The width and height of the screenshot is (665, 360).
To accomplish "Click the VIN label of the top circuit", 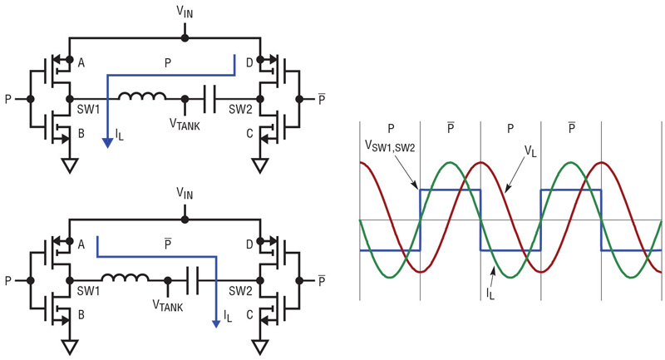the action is click(x=185, y=12).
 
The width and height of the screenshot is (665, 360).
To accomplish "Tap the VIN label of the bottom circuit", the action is click(x=185, y=194).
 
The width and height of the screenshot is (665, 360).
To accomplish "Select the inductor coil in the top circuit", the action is click(x=141, y=96).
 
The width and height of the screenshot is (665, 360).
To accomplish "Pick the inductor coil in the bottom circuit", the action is click(x=125, y=278).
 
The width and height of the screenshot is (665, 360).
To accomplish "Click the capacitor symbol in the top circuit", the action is click(x=209, y=99).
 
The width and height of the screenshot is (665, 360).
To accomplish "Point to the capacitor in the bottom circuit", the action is click(x=193, y=281).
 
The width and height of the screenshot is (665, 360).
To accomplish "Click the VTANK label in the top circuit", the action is click(x=185, y=124).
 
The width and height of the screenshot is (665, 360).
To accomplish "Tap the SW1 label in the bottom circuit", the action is click(x=88, y=291).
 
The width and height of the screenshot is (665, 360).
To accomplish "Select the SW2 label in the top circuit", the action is click(x=240, y=110).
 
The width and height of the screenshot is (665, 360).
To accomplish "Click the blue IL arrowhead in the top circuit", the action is click(x=108, y=143).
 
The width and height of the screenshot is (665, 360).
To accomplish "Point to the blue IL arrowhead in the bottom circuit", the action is click(x=216, y=324).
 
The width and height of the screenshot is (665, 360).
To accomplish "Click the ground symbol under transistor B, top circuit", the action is click(x=70, y=165).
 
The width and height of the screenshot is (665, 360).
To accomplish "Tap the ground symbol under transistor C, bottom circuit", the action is click(x=260, y=348).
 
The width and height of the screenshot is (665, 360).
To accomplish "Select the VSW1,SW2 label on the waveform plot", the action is click(x=390, y=146).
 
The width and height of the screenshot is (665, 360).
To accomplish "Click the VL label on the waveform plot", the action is click(x=530, y=151).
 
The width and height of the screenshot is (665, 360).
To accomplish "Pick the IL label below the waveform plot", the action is click(x=490, y=293).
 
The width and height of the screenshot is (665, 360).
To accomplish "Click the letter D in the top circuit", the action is click(x=249, y=63).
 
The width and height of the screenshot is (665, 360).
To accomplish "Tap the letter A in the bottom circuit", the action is click(x=81, y=244).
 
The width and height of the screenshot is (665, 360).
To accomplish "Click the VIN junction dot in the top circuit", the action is click(x=185, y=38).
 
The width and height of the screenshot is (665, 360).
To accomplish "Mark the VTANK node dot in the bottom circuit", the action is click(x=168, y=281).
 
